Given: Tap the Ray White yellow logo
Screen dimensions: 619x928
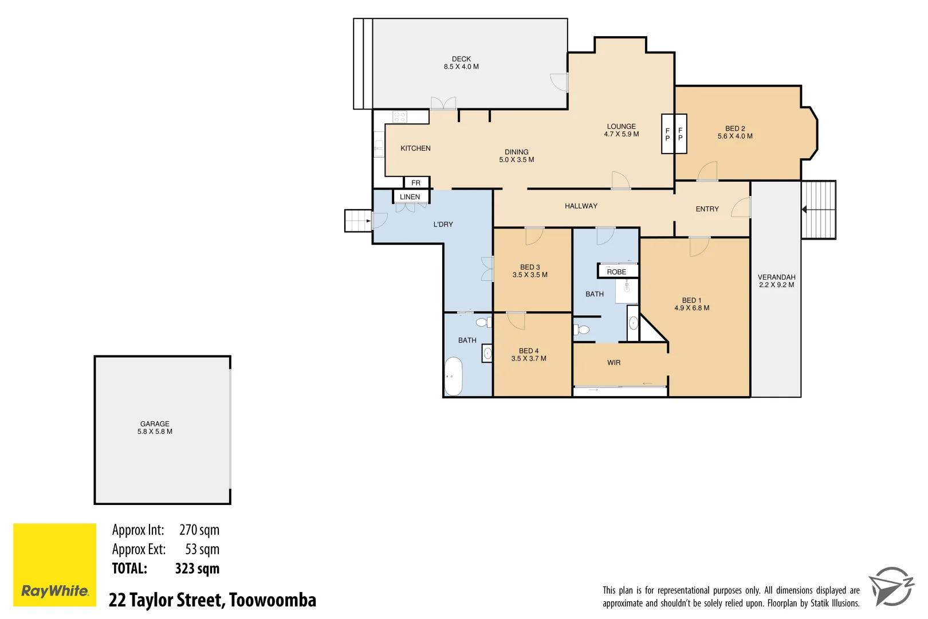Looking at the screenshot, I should [x=54, y=565].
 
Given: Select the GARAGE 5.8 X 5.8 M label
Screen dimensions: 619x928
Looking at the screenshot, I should [x=155, y=428].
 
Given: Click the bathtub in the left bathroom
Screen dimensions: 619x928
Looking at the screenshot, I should [x=454, y=377].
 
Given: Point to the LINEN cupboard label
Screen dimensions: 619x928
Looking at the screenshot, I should [x=410, y=197].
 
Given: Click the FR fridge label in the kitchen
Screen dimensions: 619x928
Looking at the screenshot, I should [x=416, y=183].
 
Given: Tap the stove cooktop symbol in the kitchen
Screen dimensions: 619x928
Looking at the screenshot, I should [x=400, y=117].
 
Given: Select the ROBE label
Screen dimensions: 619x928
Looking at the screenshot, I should [x=616, y=272].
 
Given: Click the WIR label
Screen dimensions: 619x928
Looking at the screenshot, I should [x=614, y=363].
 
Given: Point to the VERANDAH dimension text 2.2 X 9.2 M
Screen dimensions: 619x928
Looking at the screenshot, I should [x=776, y=285].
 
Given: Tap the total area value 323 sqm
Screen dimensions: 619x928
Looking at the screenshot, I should [x=197, y=569].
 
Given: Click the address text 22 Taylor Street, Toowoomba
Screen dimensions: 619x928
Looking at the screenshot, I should [x=213, y=600].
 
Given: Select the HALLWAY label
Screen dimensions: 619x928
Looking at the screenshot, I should [x=581, y=206].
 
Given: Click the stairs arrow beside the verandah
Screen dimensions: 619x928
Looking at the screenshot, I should [x=805, y=210].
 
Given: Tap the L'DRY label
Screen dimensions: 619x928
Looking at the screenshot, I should [x=443, y=224].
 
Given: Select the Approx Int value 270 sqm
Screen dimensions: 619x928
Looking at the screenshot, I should [x=199, y=530].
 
